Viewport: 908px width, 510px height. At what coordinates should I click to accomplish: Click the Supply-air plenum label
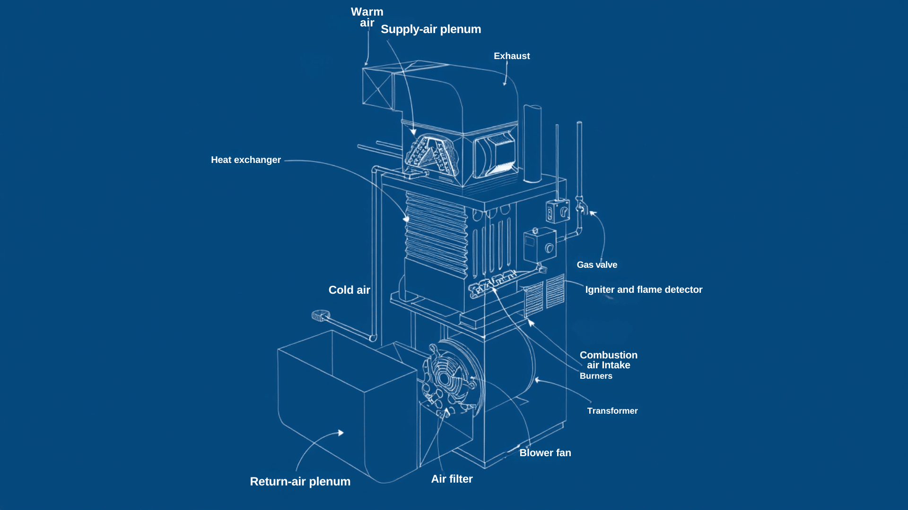coord(430,29)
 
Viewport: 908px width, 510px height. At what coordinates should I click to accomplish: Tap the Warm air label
coord(367,17)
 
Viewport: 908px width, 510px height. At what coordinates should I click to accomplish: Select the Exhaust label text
coord(512,56)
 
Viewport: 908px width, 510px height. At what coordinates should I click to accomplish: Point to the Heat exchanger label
coord(245,160)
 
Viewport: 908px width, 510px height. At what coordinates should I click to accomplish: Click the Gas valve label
coord(597,265)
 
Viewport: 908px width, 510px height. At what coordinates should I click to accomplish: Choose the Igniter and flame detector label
coord(644,290)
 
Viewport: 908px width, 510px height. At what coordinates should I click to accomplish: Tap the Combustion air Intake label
coord(609,360)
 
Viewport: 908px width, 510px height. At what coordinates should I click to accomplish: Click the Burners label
coord(596,376)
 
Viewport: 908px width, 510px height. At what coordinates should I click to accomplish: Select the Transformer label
coord(612,411)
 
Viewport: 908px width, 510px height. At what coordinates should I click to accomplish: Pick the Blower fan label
coord(545,453)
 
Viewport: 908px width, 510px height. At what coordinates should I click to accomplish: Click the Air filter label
coord(452,479)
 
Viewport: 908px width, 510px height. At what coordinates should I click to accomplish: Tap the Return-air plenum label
coord(300,481)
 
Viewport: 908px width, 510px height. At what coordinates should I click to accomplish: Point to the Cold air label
coord(349,290)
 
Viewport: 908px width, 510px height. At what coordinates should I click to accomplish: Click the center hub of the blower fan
coord(444,378)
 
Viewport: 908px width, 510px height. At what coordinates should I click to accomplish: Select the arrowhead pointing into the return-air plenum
coord(340,433)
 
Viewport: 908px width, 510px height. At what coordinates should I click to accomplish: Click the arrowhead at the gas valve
coord(593,213)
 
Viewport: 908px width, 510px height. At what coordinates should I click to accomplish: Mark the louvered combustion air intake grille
coord(534,299)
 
